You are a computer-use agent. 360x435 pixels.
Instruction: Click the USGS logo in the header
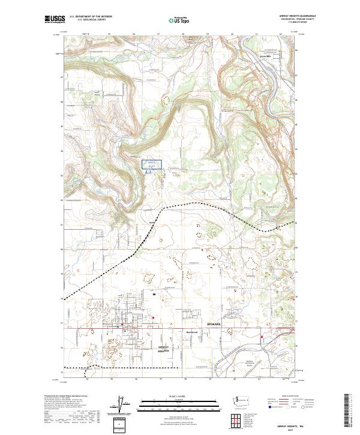(55, 19)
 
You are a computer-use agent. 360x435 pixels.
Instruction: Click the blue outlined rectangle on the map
(152, 164)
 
